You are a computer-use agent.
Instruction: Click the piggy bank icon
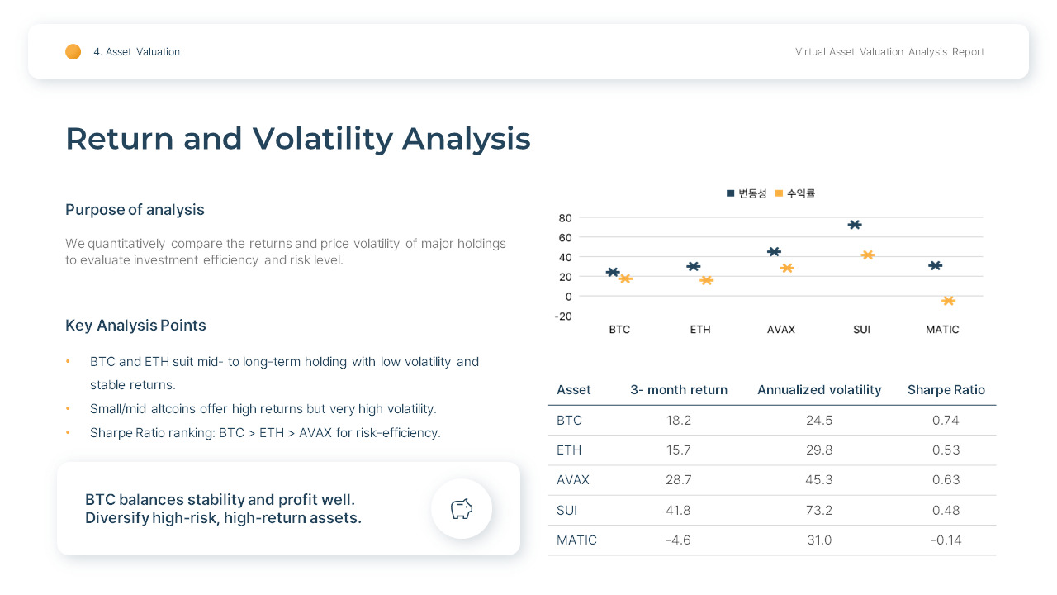coord(462,509)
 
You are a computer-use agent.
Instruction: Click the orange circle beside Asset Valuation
coord(73,52)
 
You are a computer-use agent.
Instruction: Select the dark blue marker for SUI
coord(855,225)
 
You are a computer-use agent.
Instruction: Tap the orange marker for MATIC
coord(948,301)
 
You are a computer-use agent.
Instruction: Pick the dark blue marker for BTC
coord(613,272)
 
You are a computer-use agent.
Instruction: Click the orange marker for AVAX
coord(787,268)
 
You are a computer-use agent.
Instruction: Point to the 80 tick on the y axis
coord(565,218)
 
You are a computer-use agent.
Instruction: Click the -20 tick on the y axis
coord(563,317)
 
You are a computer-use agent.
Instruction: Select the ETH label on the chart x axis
coord(699,330)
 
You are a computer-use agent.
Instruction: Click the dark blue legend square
coord(730,193)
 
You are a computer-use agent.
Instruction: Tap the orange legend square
coord(779,193)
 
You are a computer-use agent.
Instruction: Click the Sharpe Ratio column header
coord(946,390)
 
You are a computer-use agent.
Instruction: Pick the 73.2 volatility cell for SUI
coord(818,511)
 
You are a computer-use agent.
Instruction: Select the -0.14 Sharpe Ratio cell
coord(946,540)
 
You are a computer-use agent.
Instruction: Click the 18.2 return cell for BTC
coord(678,421)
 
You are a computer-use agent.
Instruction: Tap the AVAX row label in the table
coord(572,480)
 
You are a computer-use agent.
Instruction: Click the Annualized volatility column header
coord(818,390)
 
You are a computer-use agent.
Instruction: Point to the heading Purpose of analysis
coord(135,210)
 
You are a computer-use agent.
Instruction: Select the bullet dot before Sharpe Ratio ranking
coord(68,433)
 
